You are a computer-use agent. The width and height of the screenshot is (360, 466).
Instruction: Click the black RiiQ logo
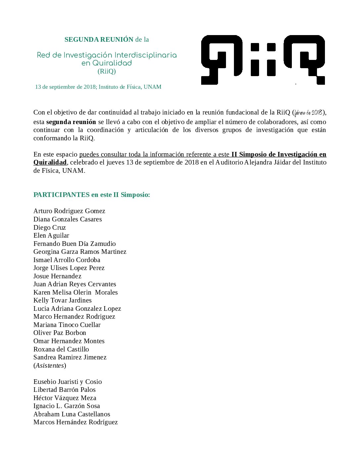point(263,60)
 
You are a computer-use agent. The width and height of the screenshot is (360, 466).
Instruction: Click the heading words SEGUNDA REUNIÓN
point(99,40)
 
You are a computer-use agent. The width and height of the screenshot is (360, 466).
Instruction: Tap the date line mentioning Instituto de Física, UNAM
point(98,87)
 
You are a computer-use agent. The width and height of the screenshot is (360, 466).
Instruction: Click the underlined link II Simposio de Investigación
point(279,155)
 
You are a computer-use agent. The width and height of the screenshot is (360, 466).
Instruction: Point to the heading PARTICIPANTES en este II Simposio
point(92,195)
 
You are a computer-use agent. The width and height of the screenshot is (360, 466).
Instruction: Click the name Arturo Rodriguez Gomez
point(69,211)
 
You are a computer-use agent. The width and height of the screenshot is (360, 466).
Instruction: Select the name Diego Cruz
point(50,228)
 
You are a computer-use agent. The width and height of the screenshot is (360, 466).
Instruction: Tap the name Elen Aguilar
point(51,236)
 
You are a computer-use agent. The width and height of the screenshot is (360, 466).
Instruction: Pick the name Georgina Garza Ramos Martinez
point(80,252)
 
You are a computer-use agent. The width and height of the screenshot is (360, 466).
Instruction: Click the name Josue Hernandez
point(57,276)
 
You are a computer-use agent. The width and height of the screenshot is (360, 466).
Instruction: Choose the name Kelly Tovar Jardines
point(63,301)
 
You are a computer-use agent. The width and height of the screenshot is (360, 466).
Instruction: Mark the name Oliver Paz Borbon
point(60,333)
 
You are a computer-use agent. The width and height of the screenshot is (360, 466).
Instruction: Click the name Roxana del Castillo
point(61,349)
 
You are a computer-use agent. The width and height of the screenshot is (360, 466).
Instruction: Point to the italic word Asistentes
point(50,366)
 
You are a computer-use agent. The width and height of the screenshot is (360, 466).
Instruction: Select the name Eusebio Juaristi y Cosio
point(67,382)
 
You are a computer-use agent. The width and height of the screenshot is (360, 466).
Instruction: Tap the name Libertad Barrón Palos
point(65,390)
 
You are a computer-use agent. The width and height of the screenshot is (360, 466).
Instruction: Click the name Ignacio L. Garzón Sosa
point(67,406)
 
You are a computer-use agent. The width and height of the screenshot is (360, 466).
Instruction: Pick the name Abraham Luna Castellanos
point(72,414)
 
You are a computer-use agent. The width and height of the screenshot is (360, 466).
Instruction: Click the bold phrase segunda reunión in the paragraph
point(71,122)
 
